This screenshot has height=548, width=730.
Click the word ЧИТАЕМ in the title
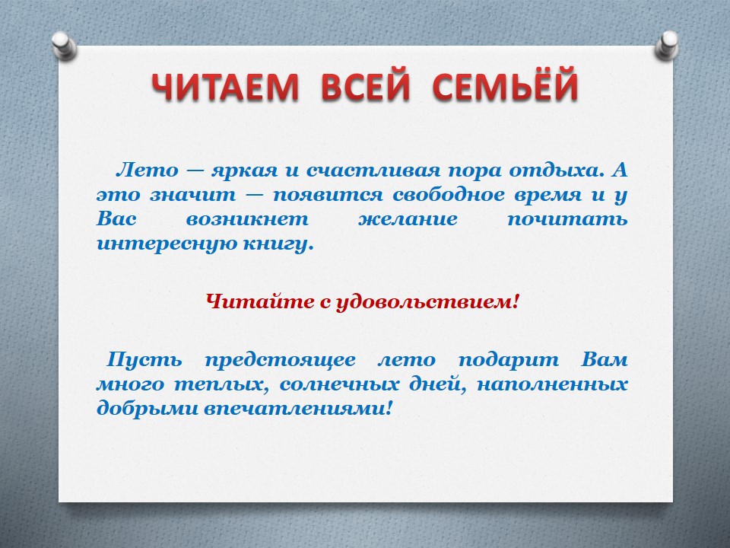point(224,87)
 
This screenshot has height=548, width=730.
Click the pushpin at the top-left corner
point(64,45)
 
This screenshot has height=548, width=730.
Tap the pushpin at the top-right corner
point(667,45)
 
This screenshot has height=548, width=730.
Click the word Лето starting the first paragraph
point(147,170)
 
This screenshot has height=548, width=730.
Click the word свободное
point(449,194)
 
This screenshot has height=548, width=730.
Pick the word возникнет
point(247,219)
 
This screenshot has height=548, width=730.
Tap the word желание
point(408,219)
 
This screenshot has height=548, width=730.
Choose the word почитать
point(567,219)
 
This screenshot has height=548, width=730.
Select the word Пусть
point(144,360)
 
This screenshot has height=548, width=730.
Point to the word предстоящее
point(280,361)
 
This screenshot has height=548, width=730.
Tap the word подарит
point(509,360)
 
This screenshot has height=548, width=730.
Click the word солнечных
point(340,385)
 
